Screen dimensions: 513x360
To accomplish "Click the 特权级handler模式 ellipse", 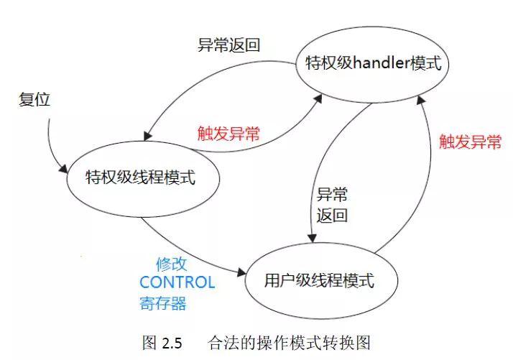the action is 372,27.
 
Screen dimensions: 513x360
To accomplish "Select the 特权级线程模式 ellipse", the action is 143,142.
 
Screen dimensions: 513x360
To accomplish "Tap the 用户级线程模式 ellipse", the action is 321,243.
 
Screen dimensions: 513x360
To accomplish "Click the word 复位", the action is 34,99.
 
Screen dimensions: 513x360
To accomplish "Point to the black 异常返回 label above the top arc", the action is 228,45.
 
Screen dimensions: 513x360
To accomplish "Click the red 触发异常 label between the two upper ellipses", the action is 228,134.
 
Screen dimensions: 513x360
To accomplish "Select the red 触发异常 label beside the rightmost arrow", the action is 470,142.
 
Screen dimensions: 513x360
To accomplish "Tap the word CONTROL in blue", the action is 177,282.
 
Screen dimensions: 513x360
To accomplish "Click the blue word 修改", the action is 171,264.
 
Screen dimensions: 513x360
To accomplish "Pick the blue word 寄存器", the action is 163,303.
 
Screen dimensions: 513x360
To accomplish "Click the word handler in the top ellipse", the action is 382,63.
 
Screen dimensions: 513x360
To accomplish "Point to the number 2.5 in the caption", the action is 172,343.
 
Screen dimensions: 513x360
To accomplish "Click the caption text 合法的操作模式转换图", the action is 290,343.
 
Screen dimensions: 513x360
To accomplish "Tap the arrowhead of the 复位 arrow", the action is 64,168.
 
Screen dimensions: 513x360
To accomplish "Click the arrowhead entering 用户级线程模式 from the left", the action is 242,272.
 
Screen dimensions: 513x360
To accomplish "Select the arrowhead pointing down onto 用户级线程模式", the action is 313,239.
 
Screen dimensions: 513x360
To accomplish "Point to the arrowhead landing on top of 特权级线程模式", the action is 147,136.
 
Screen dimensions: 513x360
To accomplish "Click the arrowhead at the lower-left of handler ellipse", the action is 318,98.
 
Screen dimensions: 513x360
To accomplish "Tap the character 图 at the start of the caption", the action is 149,343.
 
